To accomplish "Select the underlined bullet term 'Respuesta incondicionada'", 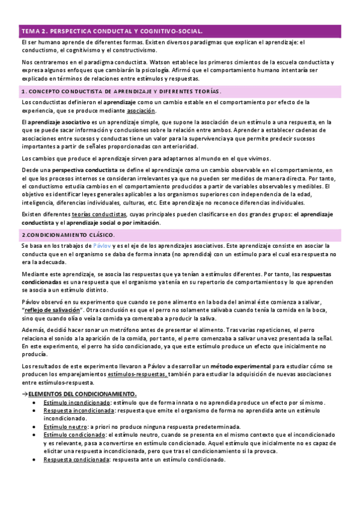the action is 79,410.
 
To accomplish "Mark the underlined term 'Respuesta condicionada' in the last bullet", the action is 76,459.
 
